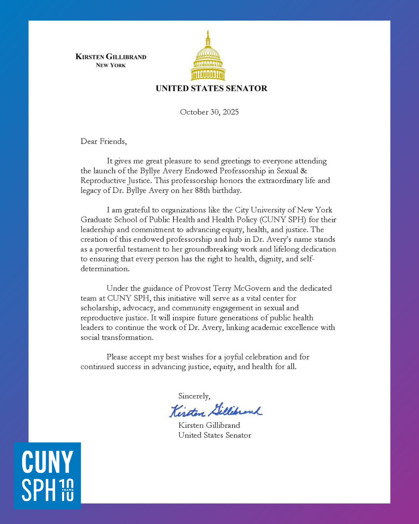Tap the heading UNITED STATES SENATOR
(211, 88)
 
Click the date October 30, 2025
(209, 112)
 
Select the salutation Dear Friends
(104, 141)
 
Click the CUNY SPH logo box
(47, 475)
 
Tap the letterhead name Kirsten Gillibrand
(111, 57)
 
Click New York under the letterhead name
(111, 66)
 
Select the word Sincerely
(194, 396)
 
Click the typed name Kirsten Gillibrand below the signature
(209, 425)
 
